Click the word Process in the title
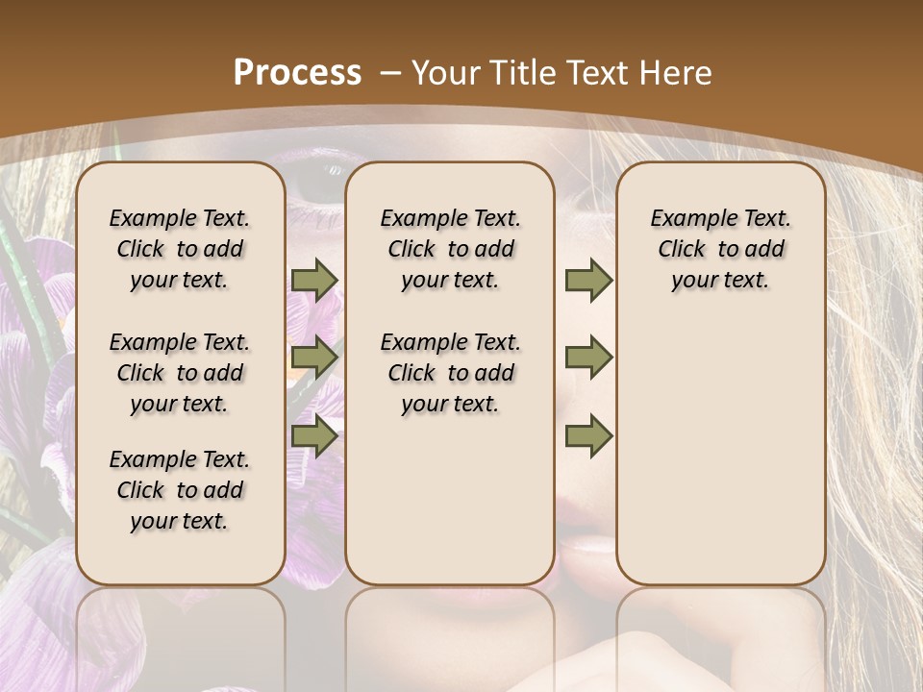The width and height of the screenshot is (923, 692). tap(297, 72)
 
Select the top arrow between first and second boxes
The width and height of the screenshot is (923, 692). tap(314, 280)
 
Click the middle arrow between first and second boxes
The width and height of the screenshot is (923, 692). tap(314, 358)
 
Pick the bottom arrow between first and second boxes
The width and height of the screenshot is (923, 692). tap(314, 436)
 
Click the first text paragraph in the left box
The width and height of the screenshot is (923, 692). tap(180, 249)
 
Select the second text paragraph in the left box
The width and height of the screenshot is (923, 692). tap(180, 373)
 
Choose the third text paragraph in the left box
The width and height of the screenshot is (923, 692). tap(180, 490)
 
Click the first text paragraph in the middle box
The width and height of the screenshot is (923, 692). tap(450, 249)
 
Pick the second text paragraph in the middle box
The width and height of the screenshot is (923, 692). tap(450, 373)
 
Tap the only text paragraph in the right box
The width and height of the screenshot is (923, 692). tap(720, 249)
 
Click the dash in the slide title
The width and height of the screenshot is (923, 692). tap(389, 72)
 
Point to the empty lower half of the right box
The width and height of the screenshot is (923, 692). tap(720, 461)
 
